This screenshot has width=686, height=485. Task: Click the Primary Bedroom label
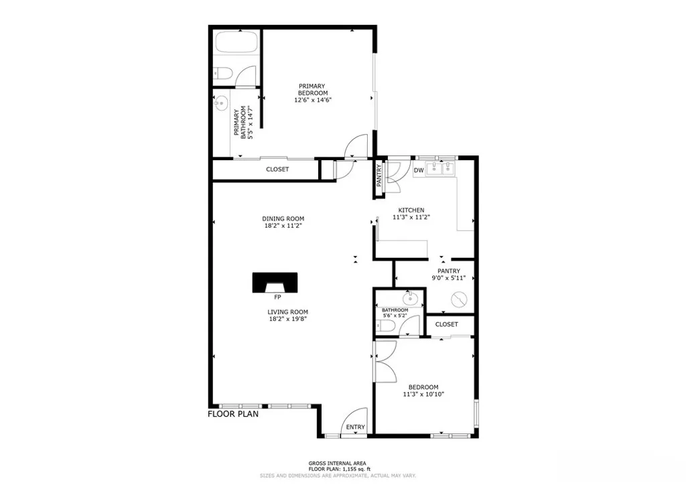click(x=313, y=89)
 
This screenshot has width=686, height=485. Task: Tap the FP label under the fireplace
click(x=277, y=297)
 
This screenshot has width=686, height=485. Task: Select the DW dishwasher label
click(x=419, y=171)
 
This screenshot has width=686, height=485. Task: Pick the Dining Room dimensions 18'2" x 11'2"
click(x=283, y=226)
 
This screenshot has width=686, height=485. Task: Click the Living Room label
click(x=288, y=311)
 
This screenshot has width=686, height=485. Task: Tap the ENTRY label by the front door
click(x=355, y=427)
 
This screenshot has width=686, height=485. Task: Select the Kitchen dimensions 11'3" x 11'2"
click(x=411, y=217)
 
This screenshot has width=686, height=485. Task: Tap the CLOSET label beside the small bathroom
click(x=447, y=324)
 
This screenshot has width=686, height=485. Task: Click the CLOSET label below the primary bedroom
click(x=277, y=169)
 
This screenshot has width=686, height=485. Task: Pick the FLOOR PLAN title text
click(x=232, y=414)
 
